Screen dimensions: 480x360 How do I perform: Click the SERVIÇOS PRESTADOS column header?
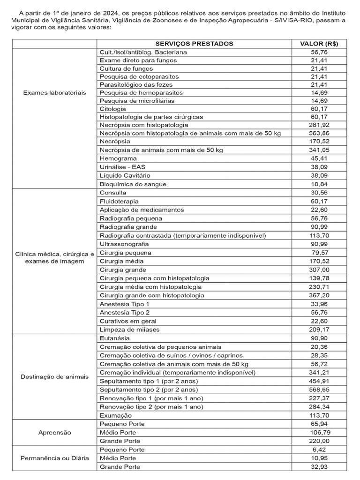(x=195, y=44)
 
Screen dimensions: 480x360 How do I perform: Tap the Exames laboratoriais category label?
(x=54, y=93)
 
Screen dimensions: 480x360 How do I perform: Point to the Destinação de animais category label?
(x=54, y=377)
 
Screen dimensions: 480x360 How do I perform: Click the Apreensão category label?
(x=54, y=433)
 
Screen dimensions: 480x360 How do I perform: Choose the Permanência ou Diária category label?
(x=54, y=458)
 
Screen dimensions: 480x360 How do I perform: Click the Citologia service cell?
(x=113, y=108)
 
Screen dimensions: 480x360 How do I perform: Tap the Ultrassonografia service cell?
(x=124, y=244)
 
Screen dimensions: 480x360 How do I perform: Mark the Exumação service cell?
(x=116, y=415)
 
